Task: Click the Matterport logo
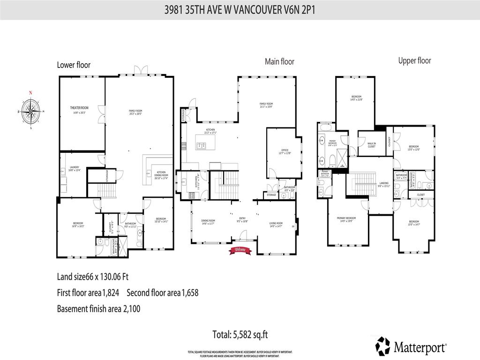tap(411, 347)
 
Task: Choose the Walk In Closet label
tap(371, 145)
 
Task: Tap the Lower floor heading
tap(74, 65)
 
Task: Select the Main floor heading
tap(279, 61)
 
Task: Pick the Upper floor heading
tap(414, 60)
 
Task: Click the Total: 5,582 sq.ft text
tap(240, 335)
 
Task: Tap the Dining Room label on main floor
tap(208, 222)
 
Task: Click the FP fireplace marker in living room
tap(293, 227)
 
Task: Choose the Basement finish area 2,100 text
tap(98, 309)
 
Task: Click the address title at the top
tap(240, 9)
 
